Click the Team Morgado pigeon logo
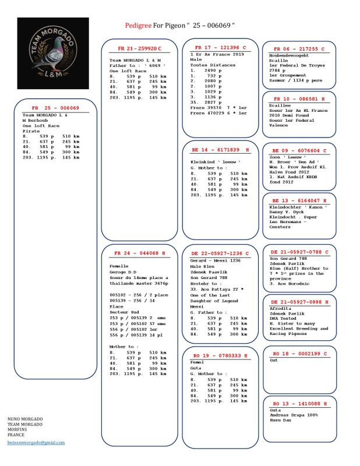[52, 53]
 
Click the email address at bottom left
[36, 442]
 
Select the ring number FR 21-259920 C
[139, 47]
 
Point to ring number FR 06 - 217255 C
[299, 49]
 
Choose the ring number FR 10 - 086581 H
[299, 100]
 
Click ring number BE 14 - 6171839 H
[220, 150]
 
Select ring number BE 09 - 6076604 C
[299, 151]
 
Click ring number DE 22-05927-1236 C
[220, 253]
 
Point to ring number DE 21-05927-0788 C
[299, 252]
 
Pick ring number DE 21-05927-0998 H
[299, 302]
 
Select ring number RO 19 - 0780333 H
[220, 355]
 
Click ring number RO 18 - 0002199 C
[299, 354]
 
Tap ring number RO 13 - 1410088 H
[299, 403]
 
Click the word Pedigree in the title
[139, 26]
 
